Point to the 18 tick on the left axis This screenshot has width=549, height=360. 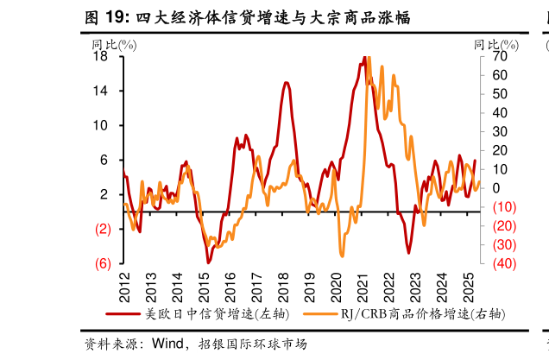[x=100, y=56]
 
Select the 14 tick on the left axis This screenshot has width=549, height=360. [x=100, y=91]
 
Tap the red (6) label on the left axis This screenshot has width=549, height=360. [x=102, y=263]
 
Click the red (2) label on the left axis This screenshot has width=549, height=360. [x=102, y=229]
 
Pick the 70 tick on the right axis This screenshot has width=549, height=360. [x=500, y=56]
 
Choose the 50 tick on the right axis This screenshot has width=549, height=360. [x=500, y=93]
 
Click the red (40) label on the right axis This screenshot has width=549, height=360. [x=503, y=263]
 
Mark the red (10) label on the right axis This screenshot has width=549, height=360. [x=503, y=207]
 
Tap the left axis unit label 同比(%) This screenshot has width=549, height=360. [x=113, y=43]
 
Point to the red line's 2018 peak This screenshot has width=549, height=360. [x=285, y=82]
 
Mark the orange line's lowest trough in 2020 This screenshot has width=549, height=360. [x=342, y=256]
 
